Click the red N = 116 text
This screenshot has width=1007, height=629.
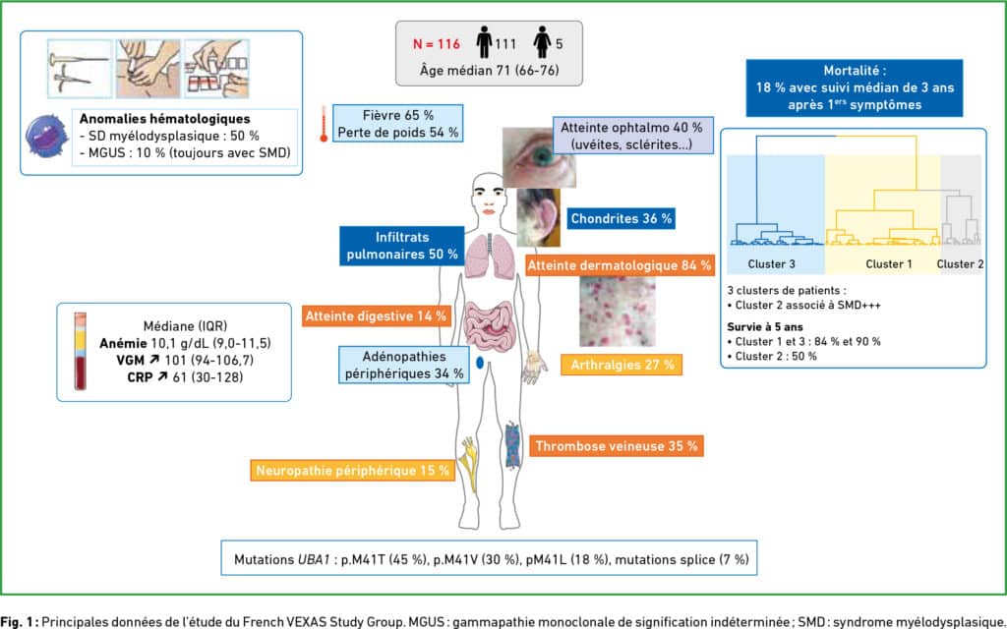tap(436, 44)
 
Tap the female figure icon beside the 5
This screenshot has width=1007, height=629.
tap(542, 42)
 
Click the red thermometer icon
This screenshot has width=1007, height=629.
tap(324, 124)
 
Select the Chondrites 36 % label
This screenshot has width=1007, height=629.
tap(622, 218)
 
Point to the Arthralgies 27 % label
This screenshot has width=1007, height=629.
tap(622, 365)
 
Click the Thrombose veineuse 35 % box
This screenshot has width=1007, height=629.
tap(617, 446)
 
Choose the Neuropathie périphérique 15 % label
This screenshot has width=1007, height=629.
tap(353, 471)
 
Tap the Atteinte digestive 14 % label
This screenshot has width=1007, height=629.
tap(376, 315)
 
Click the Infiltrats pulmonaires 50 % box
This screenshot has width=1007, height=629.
tap(402, 246)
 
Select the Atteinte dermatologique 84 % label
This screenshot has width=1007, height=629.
tap(620, 265)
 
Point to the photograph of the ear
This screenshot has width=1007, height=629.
tap(538, 217)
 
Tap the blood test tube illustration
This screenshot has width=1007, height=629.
tap(81, 351)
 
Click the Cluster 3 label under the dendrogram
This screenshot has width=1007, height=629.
tap(771, 263)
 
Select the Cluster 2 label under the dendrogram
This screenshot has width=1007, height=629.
tap(960, 263)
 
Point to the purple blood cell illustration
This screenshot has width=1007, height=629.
tap(46, 137)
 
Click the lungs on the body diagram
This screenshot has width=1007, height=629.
tap(490, 257)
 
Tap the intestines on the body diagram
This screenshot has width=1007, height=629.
tap(490, 325)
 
